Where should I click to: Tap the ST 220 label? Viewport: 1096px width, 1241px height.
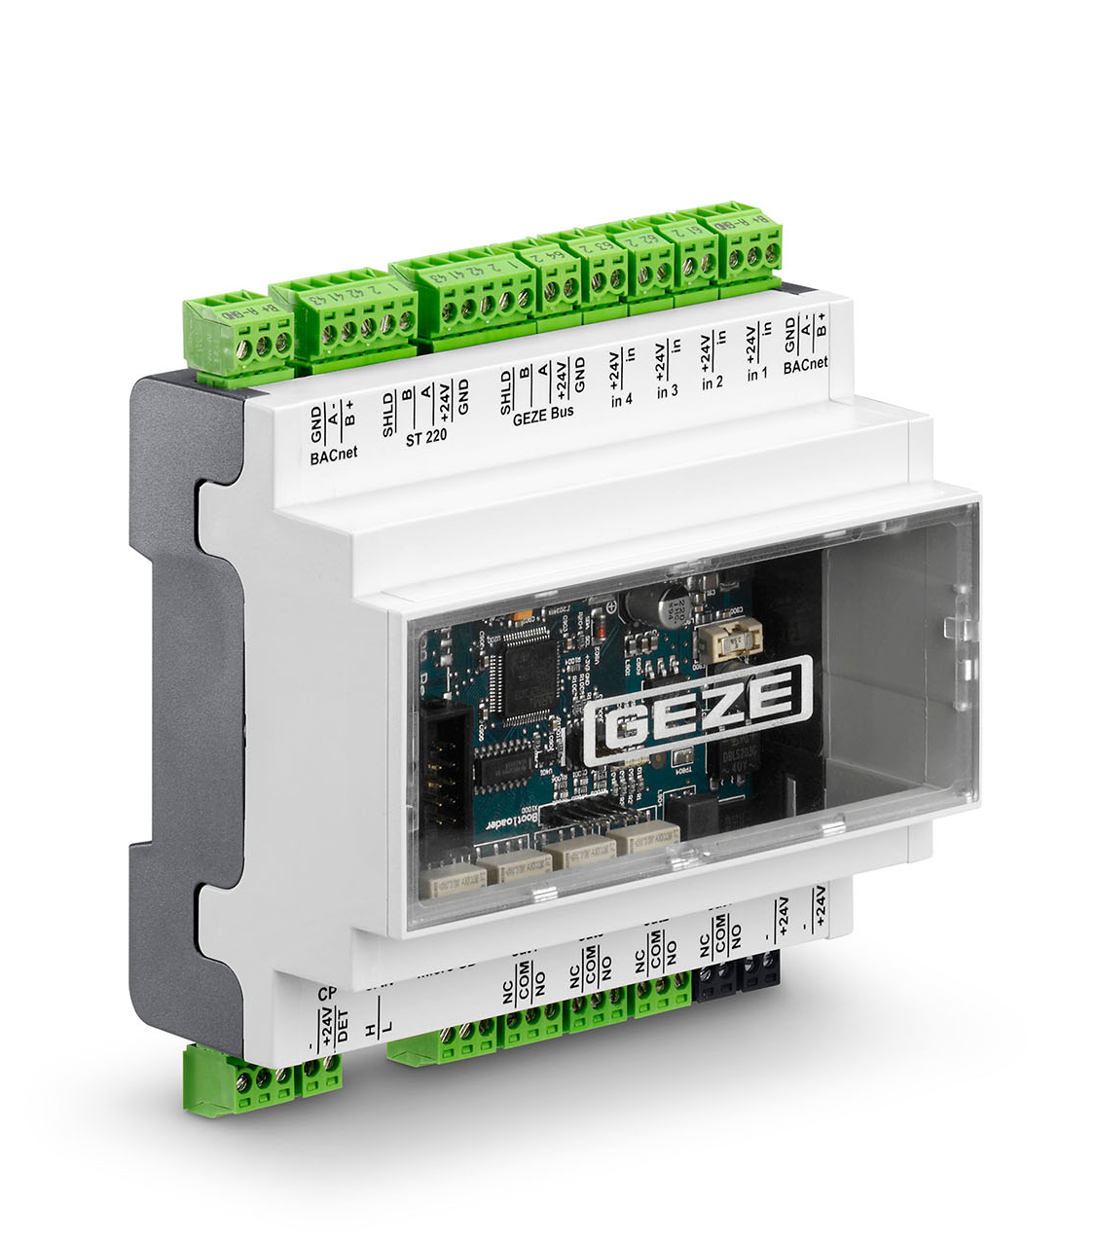point(425,437)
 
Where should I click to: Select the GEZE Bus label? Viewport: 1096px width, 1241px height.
point(543,413)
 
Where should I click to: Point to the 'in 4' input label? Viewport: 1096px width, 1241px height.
point(621,399)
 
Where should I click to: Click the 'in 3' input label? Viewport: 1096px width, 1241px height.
point(667,390)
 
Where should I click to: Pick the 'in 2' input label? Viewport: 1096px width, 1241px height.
point(712,383)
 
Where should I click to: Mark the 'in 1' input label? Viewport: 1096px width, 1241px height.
point(757,374)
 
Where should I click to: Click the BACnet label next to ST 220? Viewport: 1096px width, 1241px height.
point(334,455)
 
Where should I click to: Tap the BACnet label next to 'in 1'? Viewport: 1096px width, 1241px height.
point(805,364)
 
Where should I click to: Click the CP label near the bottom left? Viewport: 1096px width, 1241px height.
point(327,994)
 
